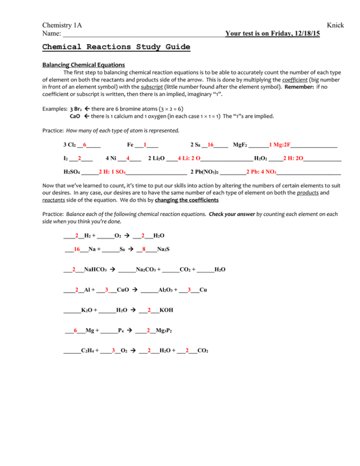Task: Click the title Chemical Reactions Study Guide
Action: click(x=116, y=47)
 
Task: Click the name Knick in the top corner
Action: click(x=335, y=25)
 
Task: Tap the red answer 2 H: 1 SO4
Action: click(x=112, y=172)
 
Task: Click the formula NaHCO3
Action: click(x=95, y=270)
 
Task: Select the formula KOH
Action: click(x=166, y=310)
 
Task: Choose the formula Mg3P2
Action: click(x=164, y=331)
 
